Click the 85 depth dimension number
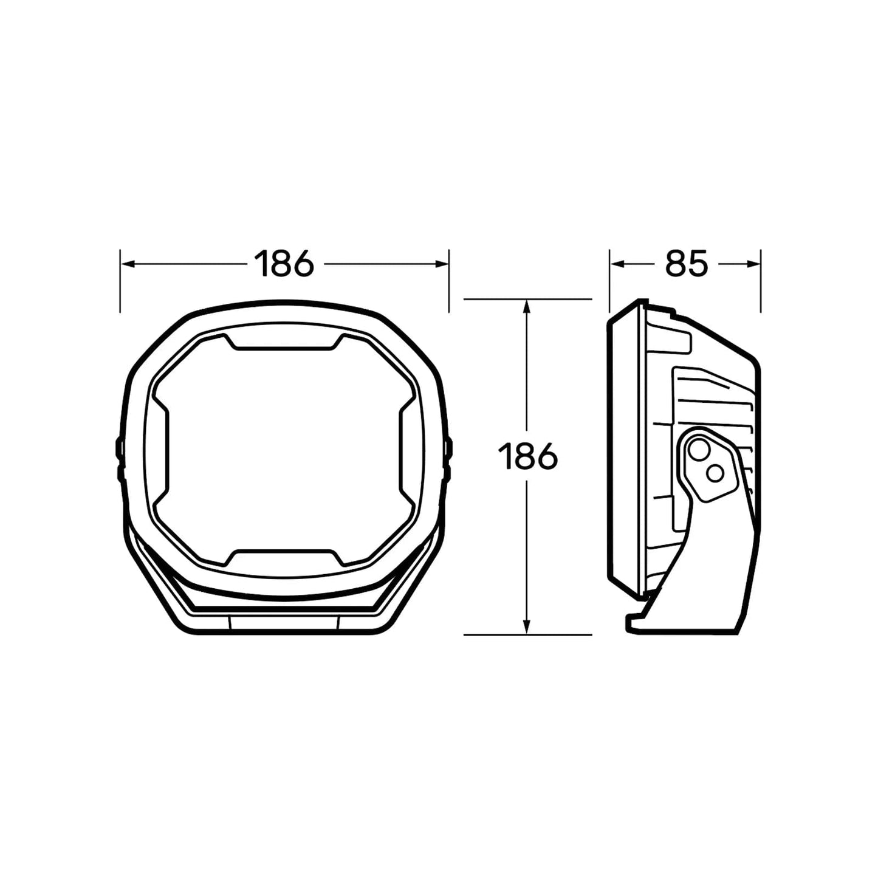click(x=686, y=264)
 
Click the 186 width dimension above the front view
click(x=284, y=264)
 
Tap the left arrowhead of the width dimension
click(x=127, y=264)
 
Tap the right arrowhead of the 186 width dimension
click(x=442, y=264)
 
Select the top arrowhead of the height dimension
click(x=527, y=306)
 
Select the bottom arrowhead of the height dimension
click(x=527, y=627)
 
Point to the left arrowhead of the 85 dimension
click(x=617, y=264)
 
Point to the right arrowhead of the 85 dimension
click(x=753, y=264)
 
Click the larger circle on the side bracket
click(x=697, y=449)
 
